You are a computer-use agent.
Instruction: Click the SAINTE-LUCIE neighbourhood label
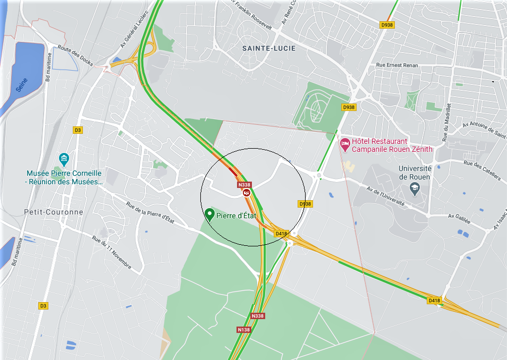click(x=268, y=48)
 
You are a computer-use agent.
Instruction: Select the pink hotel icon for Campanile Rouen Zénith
click(x=344, y=143)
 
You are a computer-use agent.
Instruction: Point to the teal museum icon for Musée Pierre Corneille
click(x=64, y=159)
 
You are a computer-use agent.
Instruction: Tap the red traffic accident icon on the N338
click(x=247, y=193)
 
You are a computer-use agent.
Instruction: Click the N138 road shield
click(x=243, y=330)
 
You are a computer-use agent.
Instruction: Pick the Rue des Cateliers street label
click(x=483, y=170)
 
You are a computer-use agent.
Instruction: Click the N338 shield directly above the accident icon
click(x=244, y=185)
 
